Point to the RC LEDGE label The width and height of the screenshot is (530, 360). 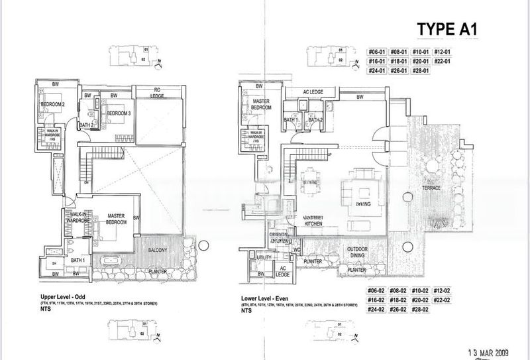[x=157, y=93]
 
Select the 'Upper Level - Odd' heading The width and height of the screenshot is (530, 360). [x=68, y=297]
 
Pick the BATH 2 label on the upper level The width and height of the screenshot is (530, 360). [x=87, y=124]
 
